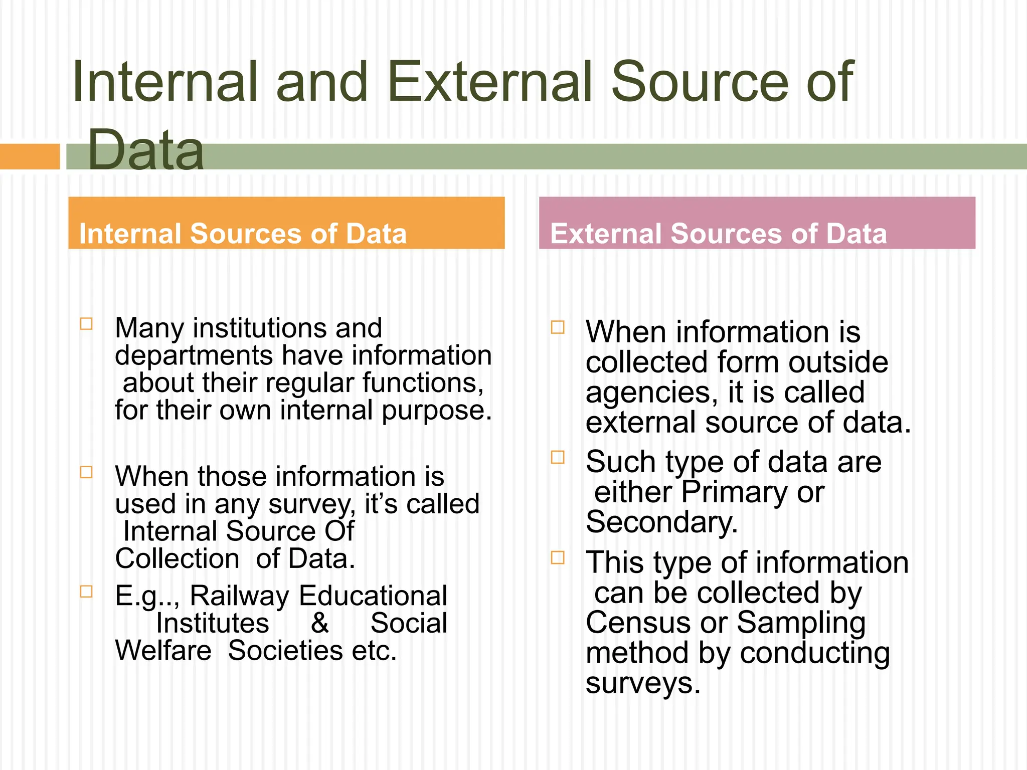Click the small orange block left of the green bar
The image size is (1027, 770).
[x=29, y=156]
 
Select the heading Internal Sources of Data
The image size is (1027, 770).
[x=243, y=234]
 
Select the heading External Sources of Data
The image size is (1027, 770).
[x=718, y=234]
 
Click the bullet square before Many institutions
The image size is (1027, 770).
[x=86, y=324]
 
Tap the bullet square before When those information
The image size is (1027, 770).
[x=86, y=472]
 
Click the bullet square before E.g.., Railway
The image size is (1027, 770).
[x=86, y=592]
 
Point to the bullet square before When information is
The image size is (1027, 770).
[x=558, y=327]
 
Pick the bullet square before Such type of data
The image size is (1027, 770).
[x=558, y=457]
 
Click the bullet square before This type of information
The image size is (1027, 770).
[x=558, y=557]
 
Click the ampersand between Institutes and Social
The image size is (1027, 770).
[x=319, y=623]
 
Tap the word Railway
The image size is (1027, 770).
[x=240, y=596]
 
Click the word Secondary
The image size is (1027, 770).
[x=661, y=522]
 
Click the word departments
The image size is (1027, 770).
[x=194, y=356]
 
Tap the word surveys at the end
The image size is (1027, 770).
[x=642, y=683]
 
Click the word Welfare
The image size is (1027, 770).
[x=163, y=651]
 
